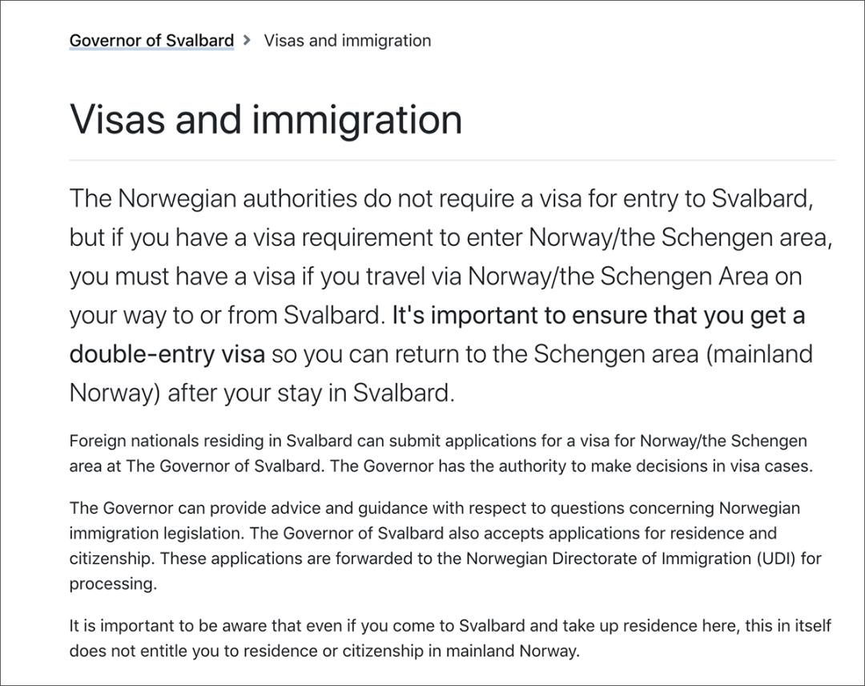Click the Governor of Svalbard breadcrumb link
151,40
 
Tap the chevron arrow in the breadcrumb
247,40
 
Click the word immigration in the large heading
357,119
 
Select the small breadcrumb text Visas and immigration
347,40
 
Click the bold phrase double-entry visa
167,354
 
